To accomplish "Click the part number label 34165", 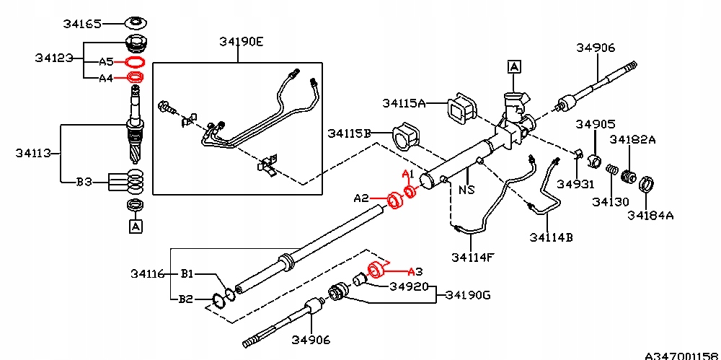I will [x=82, y=23].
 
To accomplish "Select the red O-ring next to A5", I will [x=135, y=63].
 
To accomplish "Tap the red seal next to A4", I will [x=135, y=77].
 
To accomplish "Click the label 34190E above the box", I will [x=242, y=41].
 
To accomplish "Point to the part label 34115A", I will [x=404, y=103].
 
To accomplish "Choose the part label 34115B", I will [x=349, y=133].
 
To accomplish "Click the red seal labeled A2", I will [x=394, y=199].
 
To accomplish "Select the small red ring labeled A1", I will [x=410, y=192].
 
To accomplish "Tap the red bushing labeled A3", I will [x=375, y=271].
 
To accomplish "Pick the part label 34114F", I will [x=473, y=256].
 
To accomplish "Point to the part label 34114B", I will [x=550, y=237].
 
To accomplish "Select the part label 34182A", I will [x=632, y=139].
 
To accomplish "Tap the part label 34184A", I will [x=650, y=214].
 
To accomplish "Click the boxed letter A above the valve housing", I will [x=514, y=67].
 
